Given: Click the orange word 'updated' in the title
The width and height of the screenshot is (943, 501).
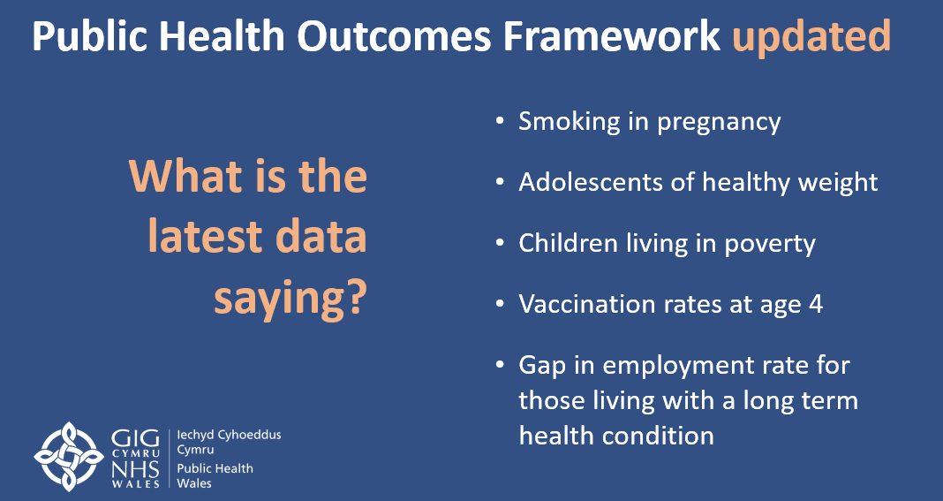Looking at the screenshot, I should coord(811,38).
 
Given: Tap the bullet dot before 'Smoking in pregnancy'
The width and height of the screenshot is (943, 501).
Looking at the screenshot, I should coord(501,120).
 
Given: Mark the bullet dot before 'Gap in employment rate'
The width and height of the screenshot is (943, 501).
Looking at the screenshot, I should coord(501,364).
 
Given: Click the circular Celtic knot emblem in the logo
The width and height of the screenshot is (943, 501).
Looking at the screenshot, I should coord(69,455).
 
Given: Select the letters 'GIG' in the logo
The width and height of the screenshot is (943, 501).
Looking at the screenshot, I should coord(136,439).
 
